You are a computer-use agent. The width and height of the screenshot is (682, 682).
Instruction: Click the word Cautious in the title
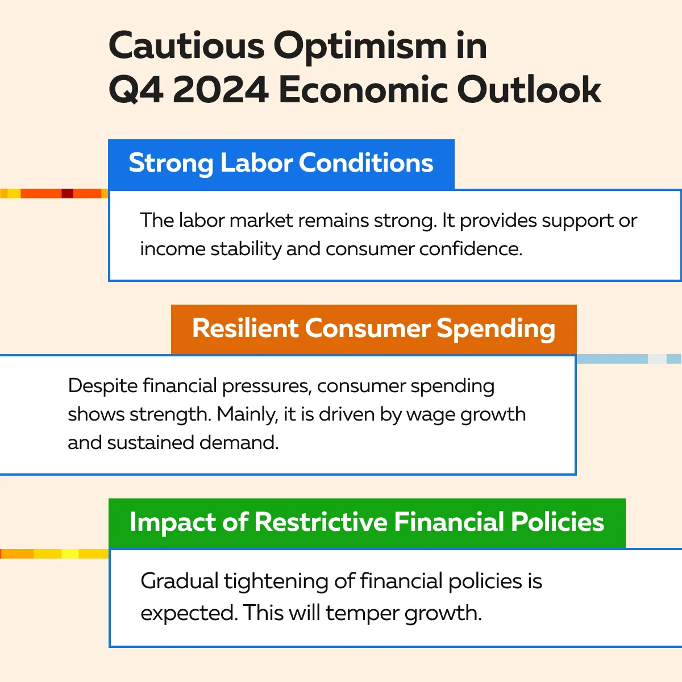(x=186, y=45)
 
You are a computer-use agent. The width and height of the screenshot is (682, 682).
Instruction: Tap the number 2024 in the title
(x=221, y=90)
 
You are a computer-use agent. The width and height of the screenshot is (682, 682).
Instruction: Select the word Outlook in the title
(x=529, y=89)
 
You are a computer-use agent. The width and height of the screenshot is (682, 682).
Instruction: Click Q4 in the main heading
(x=136, y=90)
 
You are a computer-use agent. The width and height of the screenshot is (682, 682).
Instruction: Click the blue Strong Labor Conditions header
(x=281, y=164)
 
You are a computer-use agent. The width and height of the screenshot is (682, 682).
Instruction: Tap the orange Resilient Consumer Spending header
(x=374, y=330)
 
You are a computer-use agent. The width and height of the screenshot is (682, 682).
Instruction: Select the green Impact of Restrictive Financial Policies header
(x=367, y=523)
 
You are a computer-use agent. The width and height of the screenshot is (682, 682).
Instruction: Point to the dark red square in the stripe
(x=67, y=193)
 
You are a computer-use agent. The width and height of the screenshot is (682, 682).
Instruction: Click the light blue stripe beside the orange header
(x=629, y=359)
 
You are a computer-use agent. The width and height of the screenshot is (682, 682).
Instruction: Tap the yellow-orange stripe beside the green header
(x=54, y=554)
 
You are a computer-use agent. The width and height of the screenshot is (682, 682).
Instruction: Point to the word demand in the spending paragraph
(x=239, y=442)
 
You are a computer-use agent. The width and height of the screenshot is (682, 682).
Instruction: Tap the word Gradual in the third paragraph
(x=180, y=581)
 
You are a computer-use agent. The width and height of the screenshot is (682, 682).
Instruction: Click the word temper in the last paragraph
(x=363, y=614)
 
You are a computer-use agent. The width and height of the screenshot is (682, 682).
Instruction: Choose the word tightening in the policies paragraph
(x=276, y=582)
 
